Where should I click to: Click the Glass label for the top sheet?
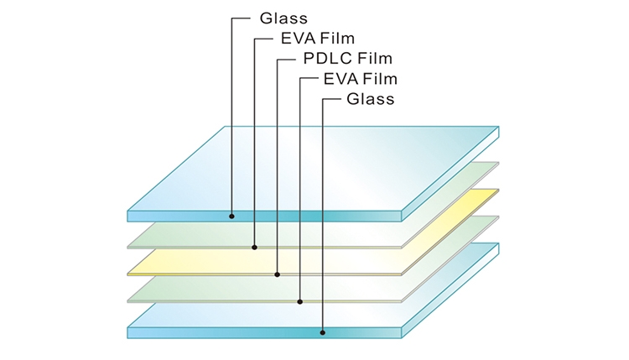(x=284, y=18)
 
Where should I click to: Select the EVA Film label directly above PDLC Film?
(x=319, y=39)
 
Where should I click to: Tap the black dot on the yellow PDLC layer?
(x=278, y=274)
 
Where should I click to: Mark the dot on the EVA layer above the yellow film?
(x=254, y=247)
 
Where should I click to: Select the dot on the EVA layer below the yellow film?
(x=300, y=300)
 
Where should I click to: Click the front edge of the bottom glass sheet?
(x=252, y=331)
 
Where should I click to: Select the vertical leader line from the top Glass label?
(x=231, y=117)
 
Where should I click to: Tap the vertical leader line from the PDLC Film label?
(x=278, y=168)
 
